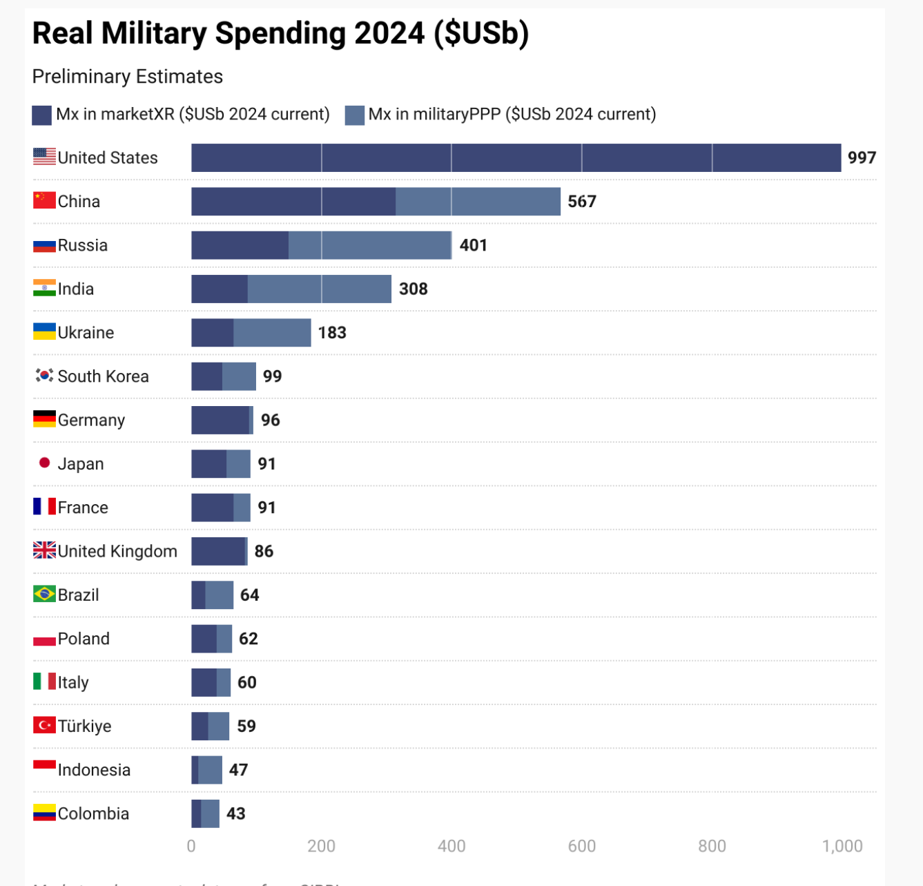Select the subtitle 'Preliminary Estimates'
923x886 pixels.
[128, 77]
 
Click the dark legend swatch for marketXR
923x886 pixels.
[42, 115]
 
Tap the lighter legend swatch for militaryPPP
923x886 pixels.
[354, 115]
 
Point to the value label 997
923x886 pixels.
[862, 158]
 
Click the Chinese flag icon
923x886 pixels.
[45, 201]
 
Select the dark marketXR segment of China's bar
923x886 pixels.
[293, 202]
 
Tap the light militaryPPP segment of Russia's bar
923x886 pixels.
[370, 245]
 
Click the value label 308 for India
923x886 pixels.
[414, 289]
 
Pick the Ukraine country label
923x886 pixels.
[86, 333]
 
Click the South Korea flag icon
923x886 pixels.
[45, 376]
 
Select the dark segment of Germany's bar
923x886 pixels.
[220, 420]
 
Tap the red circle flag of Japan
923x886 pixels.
[45, 463]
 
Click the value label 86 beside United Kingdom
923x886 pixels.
[264, 551]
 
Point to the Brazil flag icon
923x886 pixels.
[45, 594]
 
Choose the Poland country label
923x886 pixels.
[84, 639]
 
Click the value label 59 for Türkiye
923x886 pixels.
[246, 726]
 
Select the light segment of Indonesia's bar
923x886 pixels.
[211, 770]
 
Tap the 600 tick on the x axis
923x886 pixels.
[581, 847]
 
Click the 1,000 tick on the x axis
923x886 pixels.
[842, 847]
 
